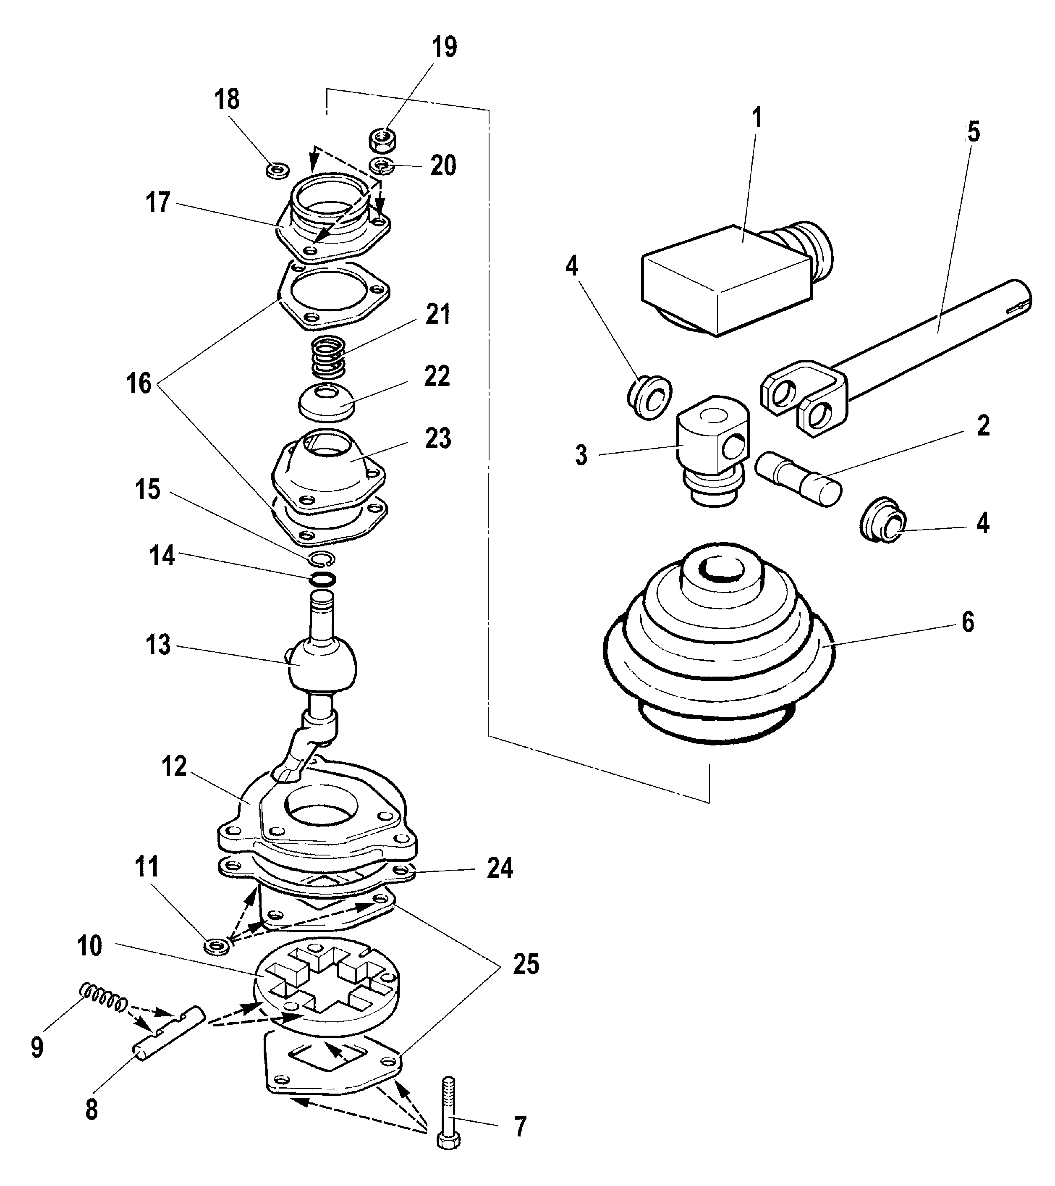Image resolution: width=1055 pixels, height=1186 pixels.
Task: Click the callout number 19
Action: pyautogui.click(x=444, y=47)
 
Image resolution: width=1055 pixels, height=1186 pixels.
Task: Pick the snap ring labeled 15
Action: pyautogui.click(x=321, y=558)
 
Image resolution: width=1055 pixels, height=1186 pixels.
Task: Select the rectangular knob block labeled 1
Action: pyautogui.click(x=725, y=281)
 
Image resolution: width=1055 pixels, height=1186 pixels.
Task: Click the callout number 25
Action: pyautogui.click(x=526, y=964)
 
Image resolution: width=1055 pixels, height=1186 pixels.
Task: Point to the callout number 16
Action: pyautogui.click(x=139, y=383)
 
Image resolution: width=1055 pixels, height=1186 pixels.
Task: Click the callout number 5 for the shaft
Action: pyautogui.click(x=974, y=132)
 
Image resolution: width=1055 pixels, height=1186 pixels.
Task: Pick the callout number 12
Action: pyautogui.click(x=174, y=767)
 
